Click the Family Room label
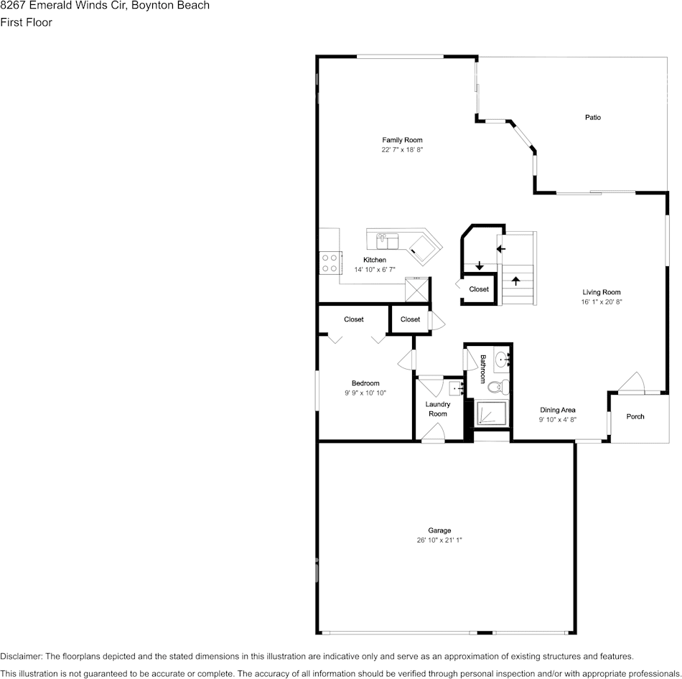[x=402, y=140]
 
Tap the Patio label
[x=592, y=117]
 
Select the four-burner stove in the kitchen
[x=330, y=263]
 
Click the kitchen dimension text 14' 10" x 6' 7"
[x=375, y=269]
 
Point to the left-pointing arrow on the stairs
[x=501, y=249]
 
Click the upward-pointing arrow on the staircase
[x=515, y=279]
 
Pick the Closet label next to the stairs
[x=479, y=289]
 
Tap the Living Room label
[x=601, y=292]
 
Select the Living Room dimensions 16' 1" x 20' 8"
[x=601, y=302]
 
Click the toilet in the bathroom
[x=495, y=388]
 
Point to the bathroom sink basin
[x=502, y=360]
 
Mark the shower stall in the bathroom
[x=492, y=413]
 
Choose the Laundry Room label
[x=438, y=409]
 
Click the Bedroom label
[x=365, y=383]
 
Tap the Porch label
[x=635, y=416]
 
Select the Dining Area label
[x=558, y=410]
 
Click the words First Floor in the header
[x=26, y=22]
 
